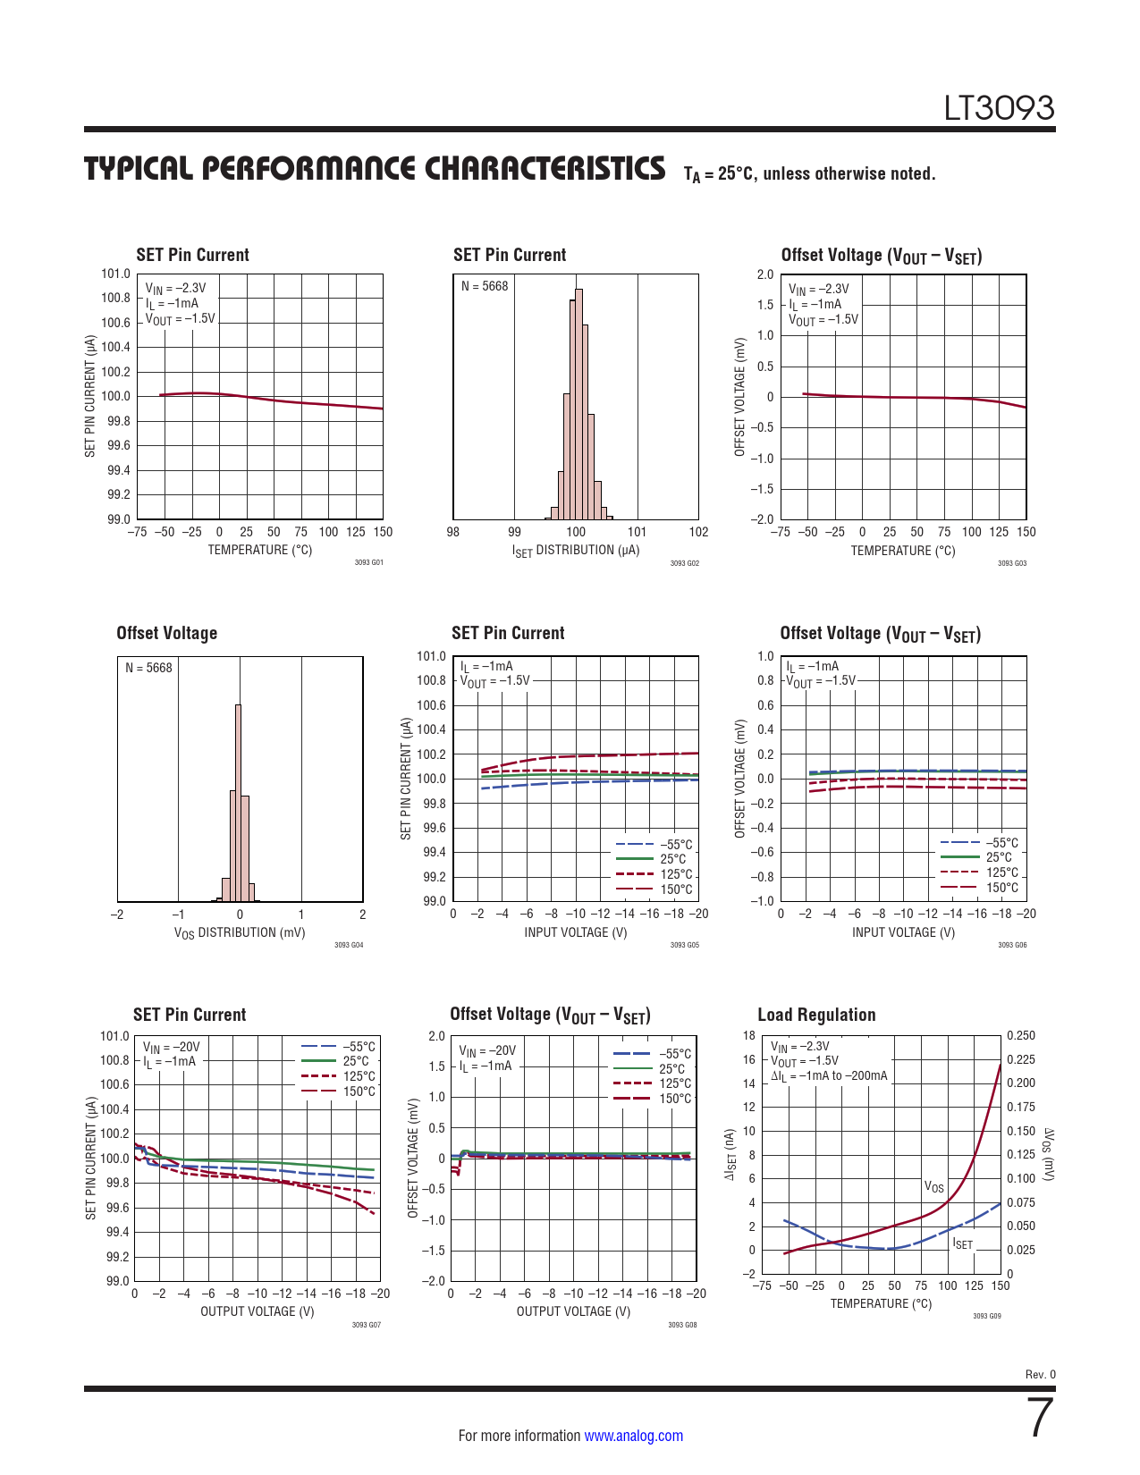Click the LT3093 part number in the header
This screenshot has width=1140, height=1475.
pyautogui.click(x=999, y=108)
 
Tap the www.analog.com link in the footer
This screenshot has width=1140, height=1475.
pyautogui.click(x=633, y=1436)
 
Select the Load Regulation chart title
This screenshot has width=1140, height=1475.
pyautogui.click(x=816, y=1015)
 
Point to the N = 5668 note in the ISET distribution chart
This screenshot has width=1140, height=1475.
pyautogui.click(x=485, y=286)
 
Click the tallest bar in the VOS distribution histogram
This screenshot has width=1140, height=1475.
pyautogui.click(x=238, y=805)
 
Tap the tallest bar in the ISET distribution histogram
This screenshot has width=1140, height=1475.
pyautogui.click(x=578, y=402)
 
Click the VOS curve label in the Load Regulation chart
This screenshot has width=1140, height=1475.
pyautogui.click(x=933, y=1187)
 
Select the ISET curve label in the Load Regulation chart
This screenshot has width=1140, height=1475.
pyautogui.click(x=962, y=1243)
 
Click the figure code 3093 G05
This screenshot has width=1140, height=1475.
pyautogui.click(x=684, y=945)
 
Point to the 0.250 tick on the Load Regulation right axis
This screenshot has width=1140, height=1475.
pyautogui.click(x=1021, y=1036)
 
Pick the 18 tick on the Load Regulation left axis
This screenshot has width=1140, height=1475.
pyautogui.click(x=748, y=1036)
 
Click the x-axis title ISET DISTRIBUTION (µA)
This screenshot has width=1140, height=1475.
pyautogui.click(x=576, y=551)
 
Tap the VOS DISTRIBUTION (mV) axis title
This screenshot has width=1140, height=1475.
pyautogui.click(x=240, y=933)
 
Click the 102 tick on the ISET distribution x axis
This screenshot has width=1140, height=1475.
pyautogui.click(x=698, y=532)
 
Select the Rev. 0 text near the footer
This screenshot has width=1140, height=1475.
pyautogui.click(x=1040, y=1375)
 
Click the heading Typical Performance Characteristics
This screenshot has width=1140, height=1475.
pyautogui.click(x=375, y=169)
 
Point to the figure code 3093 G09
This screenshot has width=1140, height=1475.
pyautogui.click(x=986, y=1316)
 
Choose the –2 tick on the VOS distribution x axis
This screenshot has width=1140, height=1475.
pyautogui.click(x=116, y=914)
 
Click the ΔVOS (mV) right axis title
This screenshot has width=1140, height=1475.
pyautogui.click(x=1049, y=1154)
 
